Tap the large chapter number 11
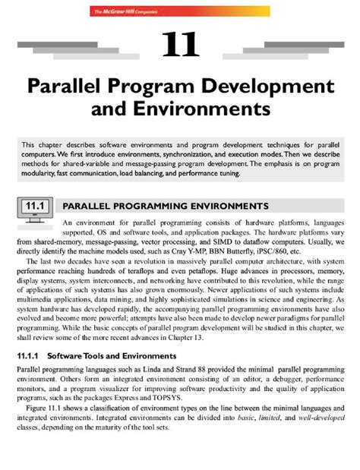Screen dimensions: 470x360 180,45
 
